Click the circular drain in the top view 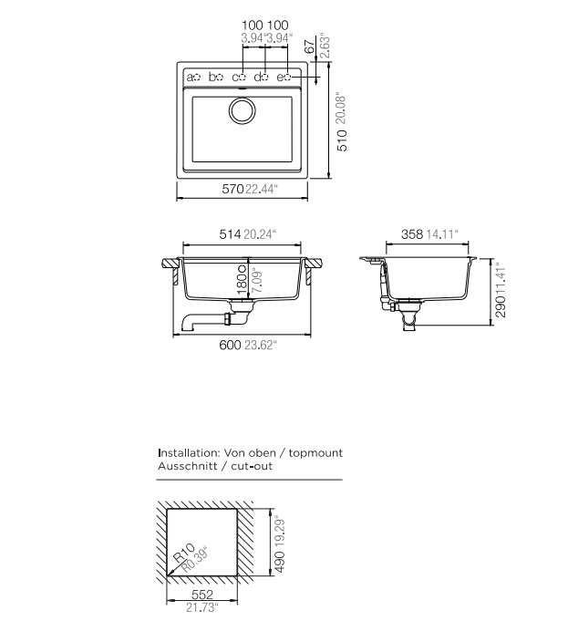pyautogui.click(x=243, y=110)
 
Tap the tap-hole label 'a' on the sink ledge pyautogui.click(x=191, y=77)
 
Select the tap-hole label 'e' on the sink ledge pyautogui.click(x=280, y=77)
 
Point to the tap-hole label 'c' pyautogui.click(x=235, y=77)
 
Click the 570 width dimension pyautogui.click(x=232, y=189)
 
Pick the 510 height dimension pyautogui.click(x=342, y=140)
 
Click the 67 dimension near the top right pyautogui.click(x=310, y=47)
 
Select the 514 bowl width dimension pyautogui.click(x=230, y=234)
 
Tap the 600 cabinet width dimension pyautogui.click(x=230, y=345)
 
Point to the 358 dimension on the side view pyautogui.click(x=412, y=234)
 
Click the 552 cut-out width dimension pyautogui.click(x=202, y=594)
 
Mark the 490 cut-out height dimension pyautogui.click(x=280, y=562)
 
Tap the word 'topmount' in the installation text pyautogui.click(x=315, y=453)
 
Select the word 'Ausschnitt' pyautogui.click(x=188, y=466)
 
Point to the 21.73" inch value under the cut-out pyautogui.click(x=202, y=607)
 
